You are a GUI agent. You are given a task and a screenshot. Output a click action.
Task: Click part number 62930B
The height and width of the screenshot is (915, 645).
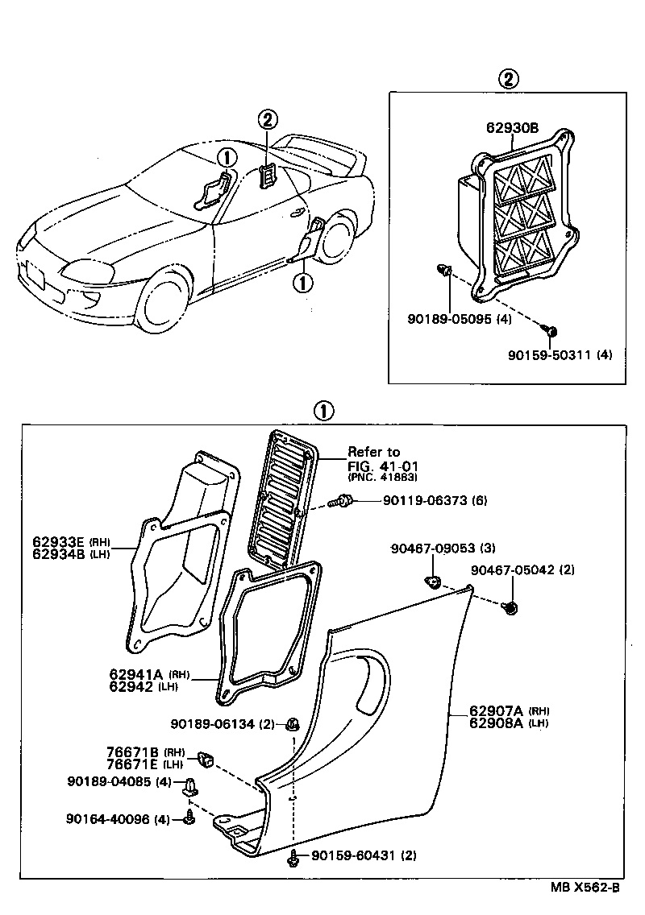coord(513,126)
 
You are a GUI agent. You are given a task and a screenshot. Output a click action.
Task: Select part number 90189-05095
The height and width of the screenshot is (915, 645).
coord(447,318)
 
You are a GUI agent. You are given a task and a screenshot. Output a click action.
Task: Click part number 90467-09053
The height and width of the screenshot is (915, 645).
coord(432,549)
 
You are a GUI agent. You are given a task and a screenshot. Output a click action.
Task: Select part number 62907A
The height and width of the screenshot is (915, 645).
coord(497,710)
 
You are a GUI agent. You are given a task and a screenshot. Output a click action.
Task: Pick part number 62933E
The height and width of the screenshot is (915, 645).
coord(59,541)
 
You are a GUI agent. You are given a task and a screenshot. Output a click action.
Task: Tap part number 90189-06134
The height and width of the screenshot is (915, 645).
coord(214,723)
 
